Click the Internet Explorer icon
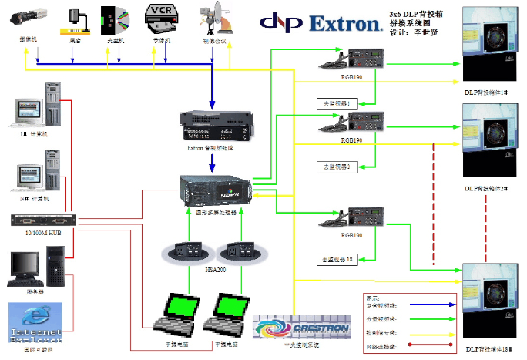tap(35, 323)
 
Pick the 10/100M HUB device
tap(42, 220)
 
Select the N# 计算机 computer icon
tap(35, 177)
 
